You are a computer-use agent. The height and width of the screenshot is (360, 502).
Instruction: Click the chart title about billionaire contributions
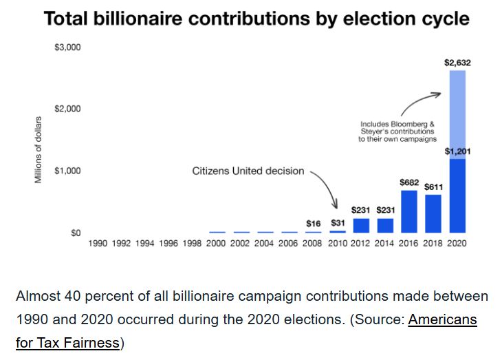pyautogui.click(x=257, y=18)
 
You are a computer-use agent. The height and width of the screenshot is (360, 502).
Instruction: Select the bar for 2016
pyautogui.click(x=409, y=211)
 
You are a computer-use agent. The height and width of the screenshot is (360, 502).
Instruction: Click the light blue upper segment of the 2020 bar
pyautogui.click(x=457, y=114)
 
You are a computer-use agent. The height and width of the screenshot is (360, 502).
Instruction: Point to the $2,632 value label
pyautogui.click(x=457, y=63)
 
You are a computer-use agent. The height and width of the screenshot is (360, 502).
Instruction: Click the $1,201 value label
pyautogui.click(x=457, y=151)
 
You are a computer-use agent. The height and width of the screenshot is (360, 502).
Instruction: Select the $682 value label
pyautogui.click(x=409, y=182)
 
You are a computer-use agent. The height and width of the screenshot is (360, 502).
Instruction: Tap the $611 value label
pyautogui.click(x=433, y=187)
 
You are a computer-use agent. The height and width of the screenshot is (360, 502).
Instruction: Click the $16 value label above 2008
pyautogui.click(x=314, y=223)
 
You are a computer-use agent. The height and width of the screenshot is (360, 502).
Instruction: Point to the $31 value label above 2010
pyautogui.click(x=338, y=223)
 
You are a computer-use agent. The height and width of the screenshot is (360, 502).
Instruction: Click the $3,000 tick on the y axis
pyautogui.click(x=67, y=47)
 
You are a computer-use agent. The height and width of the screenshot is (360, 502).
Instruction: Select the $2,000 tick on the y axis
pyautogui.click(x=67, y=109)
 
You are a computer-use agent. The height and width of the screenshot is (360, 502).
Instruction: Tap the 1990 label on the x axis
pyautogui.click(x=98, y=244)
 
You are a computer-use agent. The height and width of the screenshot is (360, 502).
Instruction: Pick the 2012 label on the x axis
pyautogui.click(x=361, y=244)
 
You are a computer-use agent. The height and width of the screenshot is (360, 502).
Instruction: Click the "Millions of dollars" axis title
pyautogui.click(x=39, y=150)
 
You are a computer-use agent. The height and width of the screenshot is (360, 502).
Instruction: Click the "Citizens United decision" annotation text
pyautogui.click(x=248, y=171)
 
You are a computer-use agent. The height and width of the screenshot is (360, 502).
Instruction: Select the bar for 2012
pyautogui.click(x=361, y=225)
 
